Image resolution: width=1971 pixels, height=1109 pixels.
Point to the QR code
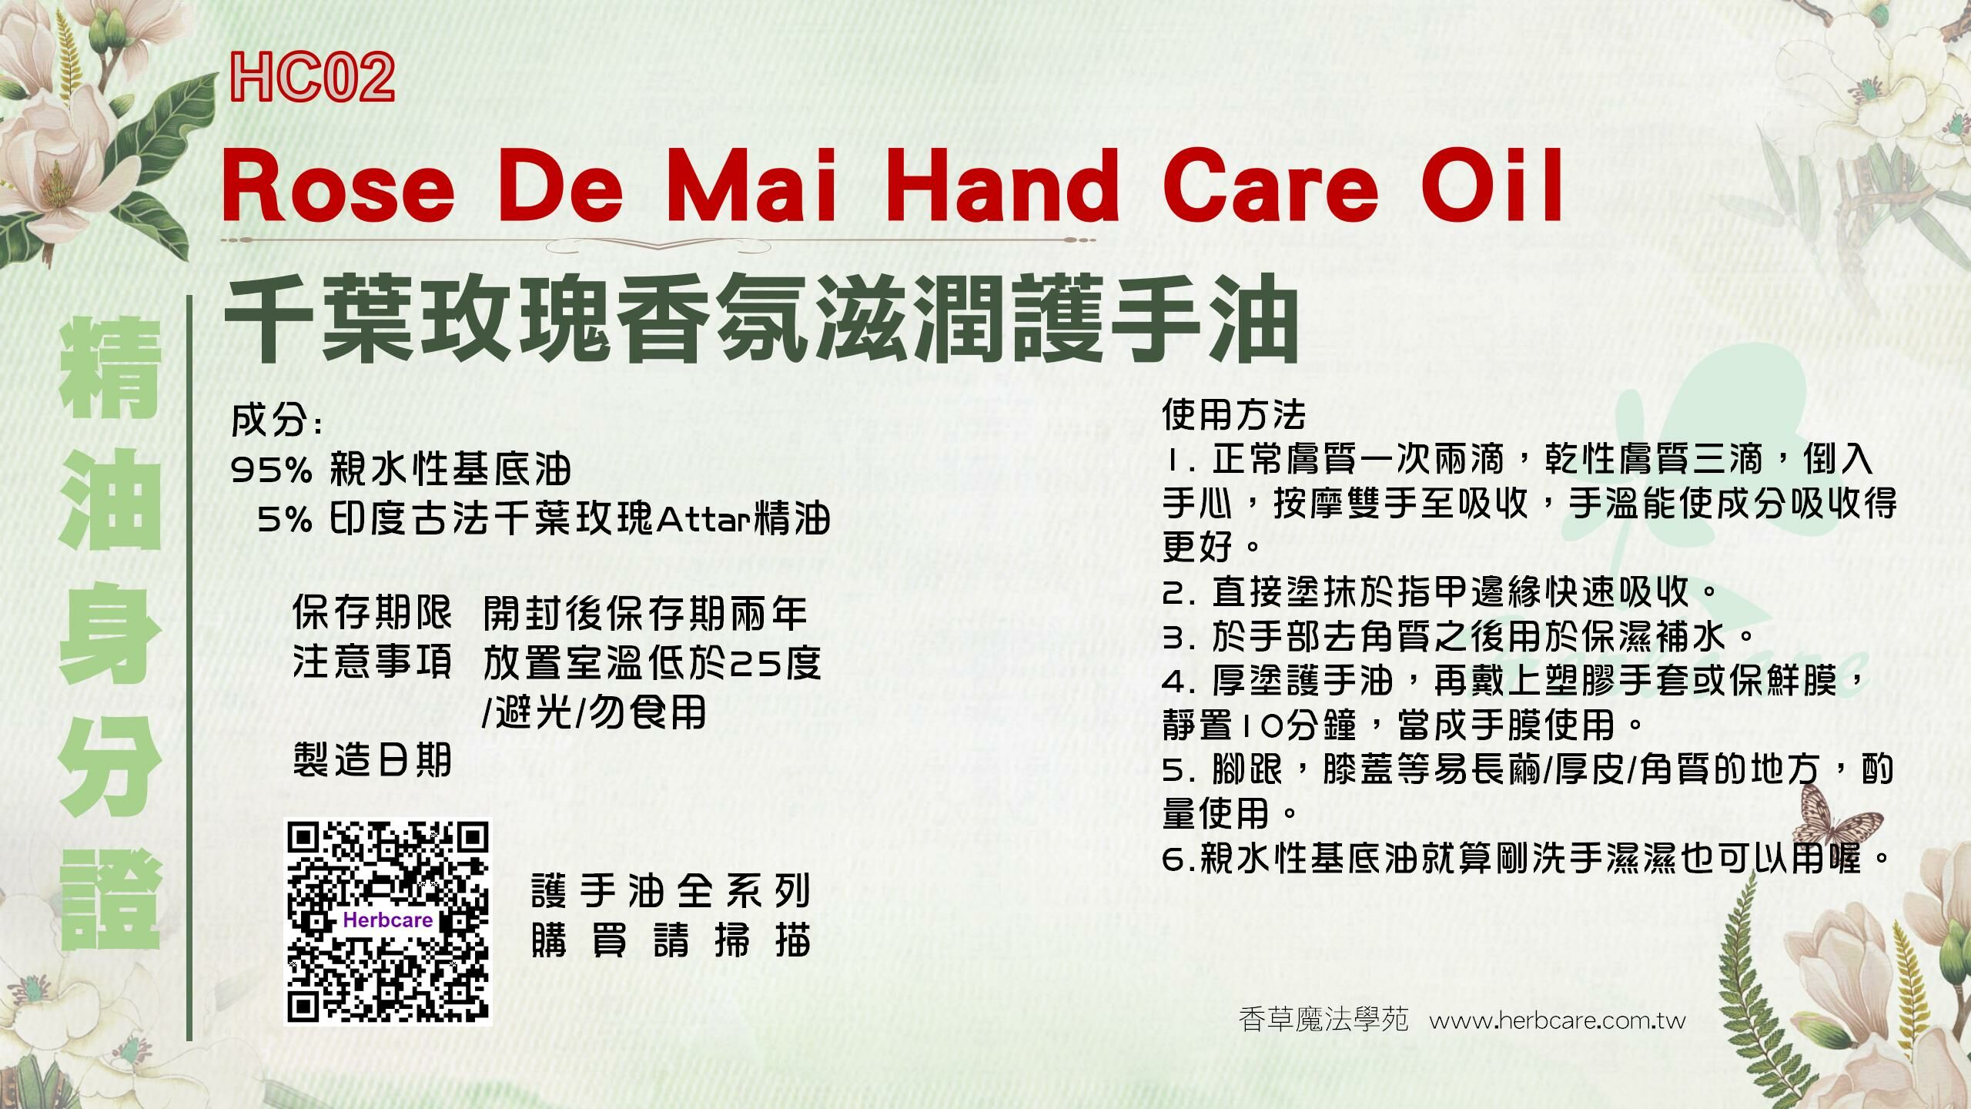(x=388, y=921)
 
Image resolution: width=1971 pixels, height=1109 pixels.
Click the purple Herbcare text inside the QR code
(x=388, y=920)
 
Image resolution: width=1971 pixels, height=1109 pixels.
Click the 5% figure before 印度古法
(x=285, y=521)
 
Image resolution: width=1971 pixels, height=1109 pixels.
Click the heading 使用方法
(x=1233, y=416)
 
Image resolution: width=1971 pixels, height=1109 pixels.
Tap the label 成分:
(x=276, y=421)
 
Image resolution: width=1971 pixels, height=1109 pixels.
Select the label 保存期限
(x=372, y=613)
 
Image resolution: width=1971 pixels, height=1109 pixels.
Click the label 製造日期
(x=372, y=761)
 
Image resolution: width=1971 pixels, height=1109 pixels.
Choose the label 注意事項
(x=372, y=662)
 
